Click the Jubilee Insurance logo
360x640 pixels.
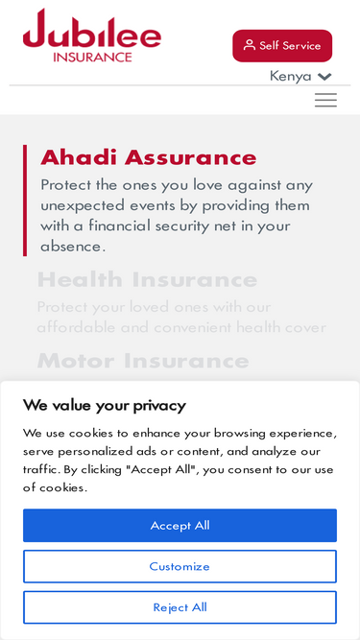tap(92, 36)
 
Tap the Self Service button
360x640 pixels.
tap(282, 45)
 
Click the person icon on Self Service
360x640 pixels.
tap(250, 45)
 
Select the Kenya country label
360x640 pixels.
tap(290, 76)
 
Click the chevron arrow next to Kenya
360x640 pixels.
tap(324, 77)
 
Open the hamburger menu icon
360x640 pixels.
tap(325, 100)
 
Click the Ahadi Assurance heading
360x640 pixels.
tap(149, 157)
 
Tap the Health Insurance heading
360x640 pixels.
tap(147, 280)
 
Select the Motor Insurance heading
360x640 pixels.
tap(143, 361)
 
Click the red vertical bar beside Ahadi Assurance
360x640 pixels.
tap(25, 201)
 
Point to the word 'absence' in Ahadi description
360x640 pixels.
tap(71, 247)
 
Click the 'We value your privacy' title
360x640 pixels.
tap(105, 405)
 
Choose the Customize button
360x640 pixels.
tap(180, 566)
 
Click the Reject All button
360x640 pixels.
tap(180, 607)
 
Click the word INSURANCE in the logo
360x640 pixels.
tap(93, 57)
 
